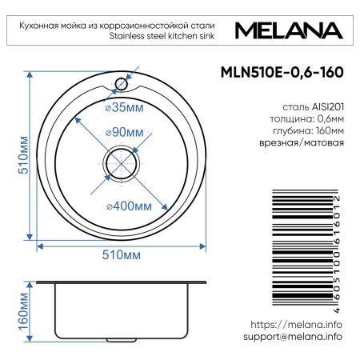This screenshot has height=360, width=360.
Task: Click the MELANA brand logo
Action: pos(290,31)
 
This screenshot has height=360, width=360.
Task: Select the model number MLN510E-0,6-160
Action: pos(290,71)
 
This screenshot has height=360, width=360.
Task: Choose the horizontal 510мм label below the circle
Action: pos(121,254)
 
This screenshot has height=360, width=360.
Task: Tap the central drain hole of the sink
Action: pos(122,159)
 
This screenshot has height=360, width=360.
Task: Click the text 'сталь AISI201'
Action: pos(313,106)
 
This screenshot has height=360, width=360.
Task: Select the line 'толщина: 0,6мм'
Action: pos(307,118)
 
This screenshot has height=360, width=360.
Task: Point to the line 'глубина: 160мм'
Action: pos(307,130)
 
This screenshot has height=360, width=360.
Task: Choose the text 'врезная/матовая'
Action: pos(307,143)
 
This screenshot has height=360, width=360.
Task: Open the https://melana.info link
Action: pos(296,325)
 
